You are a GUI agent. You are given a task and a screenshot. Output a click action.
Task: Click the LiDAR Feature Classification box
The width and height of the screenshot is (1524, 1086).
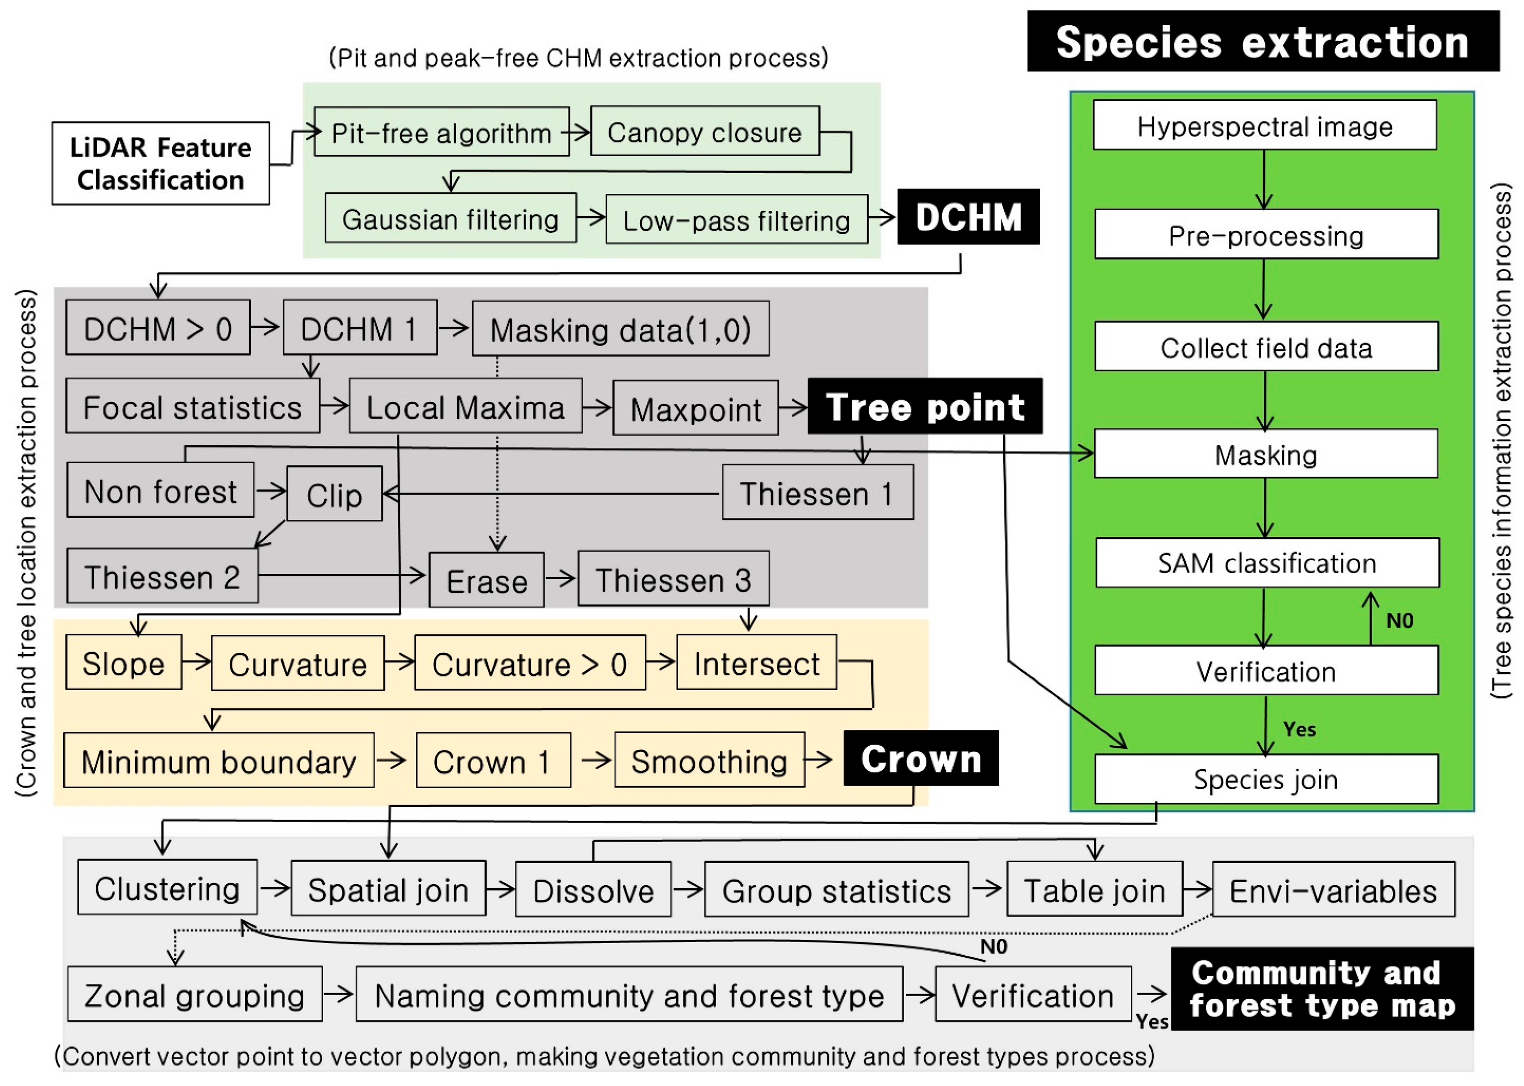click(160, 163)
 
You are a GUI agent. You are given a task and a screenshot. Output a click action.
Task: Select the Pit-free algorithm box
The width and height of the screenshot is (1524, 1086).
click(441, 132)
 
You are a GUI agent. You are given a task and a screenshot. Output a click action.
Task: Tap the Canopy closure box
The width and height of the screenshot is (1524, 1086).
click(704, 132)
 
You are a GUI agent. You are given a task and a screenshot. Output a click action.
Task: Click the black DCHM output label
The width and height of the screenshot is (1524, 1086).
click(967, 217)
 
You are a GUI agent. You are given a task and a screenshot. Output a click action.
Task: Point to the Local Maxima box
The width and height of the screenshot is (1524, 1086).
click(465, 407)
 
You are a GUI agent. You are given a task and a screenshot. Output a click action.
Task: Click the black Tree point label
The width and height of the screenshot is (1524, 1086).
click(925, 407)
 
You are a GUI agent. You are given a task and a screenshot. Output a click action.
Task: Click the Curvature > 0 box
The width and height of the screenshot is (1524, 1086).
click(530, 663)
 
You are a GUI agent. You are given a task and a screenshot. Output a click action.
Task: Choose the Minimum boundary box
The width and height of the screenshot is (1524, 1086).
click(219, 761)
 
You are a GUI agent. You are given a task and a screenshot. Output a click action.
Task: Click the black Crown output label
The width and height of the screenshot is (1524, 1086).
click(921, 758)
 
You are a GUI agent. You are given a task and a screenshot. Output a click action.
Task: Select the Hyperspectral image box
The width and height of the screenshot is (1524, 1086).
click(1265, 126)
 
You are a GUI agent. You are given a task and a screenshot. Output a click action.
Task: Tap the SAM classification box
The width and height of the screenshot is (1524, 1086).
click(1267, 563)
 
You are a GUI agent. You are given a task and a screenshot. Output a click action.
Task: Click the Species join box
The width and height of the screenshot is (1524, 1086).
click(1266, 779)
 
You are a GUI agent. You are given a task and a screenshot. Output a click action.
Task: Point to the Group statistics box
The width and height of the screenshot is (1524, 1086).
click(836, 890)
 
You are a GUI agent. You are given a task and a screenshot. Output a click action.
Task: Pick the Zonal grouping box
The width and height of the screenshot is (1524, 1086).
click(194, 994)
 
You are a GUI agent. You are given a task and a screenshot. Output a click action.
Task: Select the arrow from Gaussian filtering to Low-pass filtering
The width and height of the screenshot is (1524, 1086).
click(591, 217)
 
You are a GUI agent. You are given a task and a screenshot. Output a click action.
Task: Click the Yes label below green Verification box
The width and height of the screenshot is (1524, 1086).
click(1299, 729)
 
